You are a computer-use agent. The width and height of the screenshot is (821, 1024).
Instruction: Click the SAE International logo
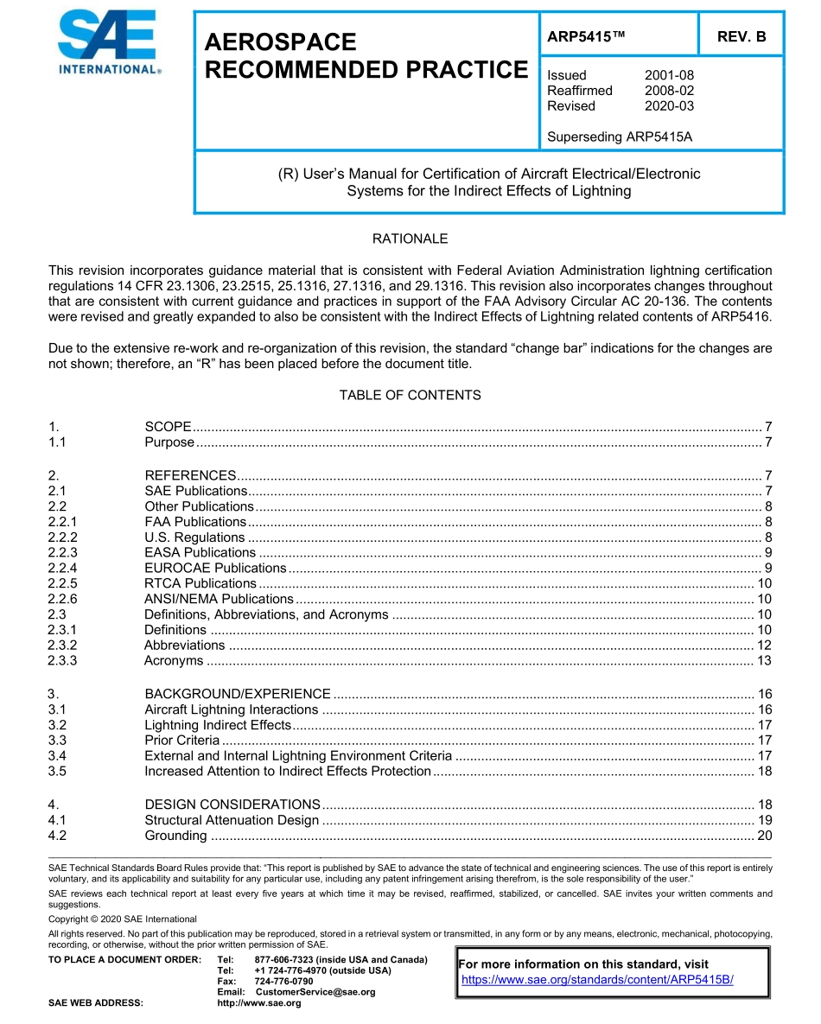coord(109,43)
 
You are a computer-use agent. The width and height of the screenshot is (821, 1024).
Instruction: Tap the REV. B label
coord(741,37)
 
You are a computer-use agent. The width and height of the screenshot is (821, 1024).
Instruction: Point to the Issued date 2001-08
coord(669,75)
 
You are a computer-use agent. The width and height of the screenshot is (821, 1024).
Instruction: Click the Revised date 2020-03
coord(669,106)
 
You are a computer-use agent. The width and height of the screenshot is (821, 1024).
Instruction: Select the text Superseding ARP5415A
coord(620,137)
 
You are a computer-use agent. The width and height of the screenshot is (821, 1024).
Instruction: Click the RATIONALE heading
coord(410,239)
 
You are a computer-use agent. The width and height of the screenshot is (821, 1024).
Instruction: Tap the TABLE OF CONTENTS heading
coord(410,395)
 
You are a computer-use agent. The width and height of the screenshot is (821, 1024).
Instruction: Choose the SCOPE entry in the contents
coord(168,427)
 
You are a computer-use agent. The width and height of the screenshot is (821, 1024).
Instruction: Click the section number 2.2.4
coord(63,568)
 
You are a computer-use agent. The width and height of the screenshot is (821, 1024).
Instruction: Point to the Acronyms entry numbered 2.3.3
coord(174,661)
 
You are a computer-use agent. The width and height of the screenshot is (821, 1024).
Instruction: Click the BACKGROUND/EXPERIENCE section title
coord(238,694)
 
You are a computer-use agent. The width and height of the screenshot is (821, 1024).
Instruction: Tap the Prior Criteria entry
coord(181,741)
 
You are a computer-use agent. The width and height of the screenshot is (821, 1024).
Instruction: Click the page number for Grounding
coord(764,836)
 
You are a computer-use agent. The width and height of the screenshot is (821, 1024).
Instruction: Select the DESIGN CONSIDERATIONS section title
coord(232,805)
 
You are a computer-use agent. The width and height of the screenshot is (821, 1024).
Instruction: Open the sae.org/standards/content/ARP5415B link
coord(597,980)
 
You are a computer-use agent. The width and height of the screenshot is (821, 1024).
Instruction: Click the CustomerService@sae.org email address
coord(315,992)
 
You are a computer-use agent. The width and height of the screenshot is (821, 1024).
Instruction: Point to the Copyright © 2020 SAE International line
coord(123,919)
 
